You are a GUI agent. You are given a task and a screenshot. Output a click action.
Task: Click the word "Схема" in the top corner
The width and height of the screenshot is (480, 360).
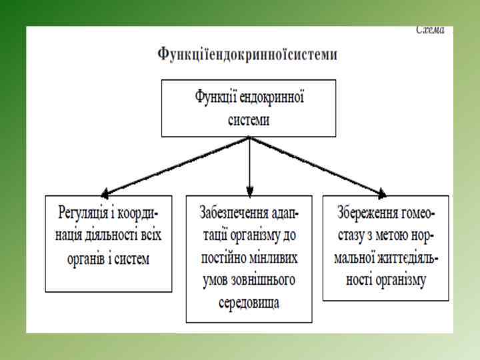431,30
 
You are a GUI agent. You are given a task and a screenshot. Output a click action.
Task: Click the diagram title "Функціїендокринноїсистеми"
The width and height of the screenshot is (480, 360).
247,54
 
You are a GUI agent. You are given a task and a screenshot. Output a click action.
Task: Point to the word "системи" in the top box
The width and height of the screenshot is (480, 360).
249,118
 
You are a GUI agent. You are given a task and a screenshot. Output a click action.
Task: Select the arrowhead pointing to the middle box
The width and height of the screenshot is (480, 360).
249,189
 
